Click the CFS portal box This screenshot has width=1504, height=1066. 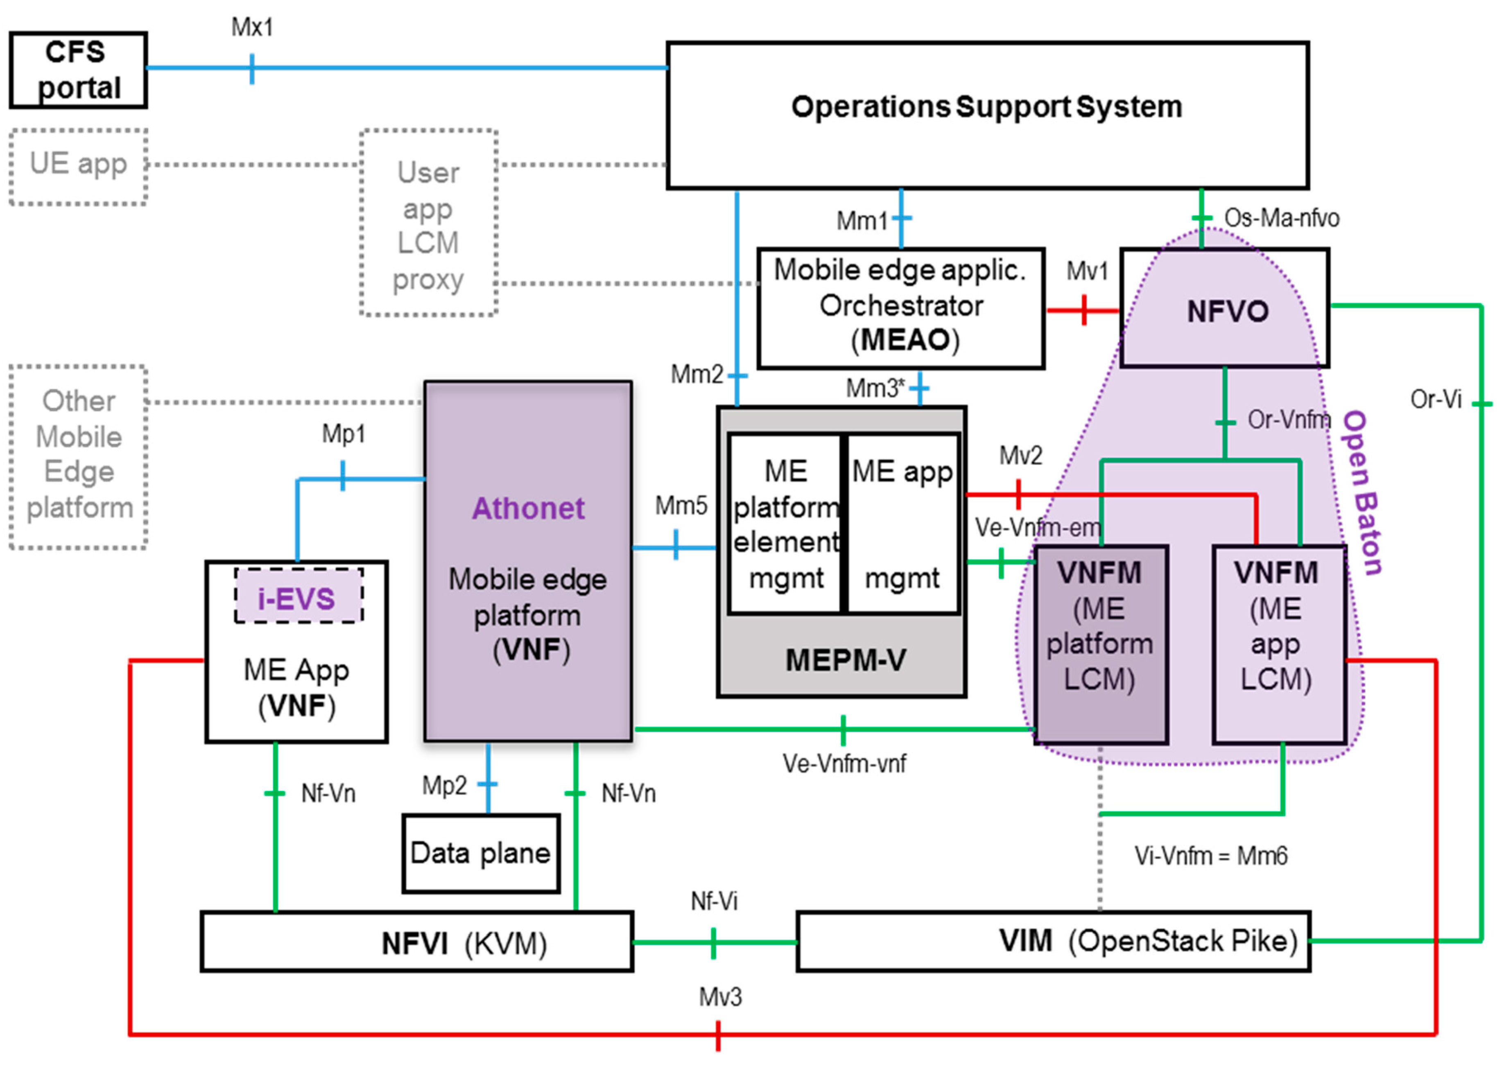coord(78,70)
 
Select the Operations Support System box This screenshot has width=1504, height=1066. coord(987,115)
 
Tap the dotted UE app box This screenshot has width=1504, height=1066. coord(78,167)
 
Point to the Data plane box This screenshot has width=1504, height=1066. coord(481,853)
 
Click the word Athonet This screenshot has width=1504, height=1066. coord(528,508)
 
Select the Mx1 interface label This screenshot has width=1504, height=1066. coord(252,27)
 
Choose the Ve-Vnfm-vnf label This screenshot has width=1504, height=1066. coord(844,763)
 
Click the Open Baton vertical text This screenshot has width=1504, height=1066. coord(1363,492)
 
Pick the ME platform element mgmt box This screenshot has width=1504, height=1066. coord(785,524)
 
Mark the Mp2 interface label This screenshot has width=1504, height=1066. coord(444,786)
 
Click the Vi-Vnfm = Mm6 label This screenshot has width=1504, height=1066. coord(1210,856)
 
